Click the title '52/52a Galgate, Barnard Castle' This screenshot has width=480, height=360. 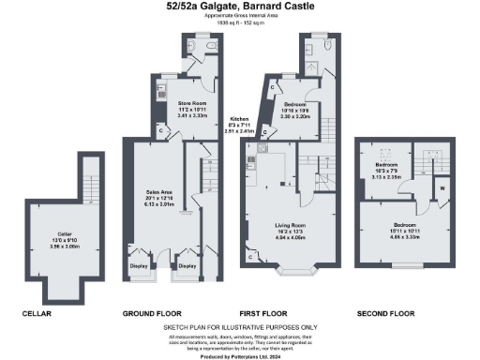click(240, 7)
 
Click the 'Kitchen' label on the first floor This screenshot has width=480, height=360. click(240, 119)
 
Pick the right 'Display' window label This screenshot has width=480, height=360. click(187, 266)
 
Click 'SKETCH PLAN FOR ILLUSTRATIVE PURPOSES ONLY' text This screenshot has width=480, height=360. click(240, 327)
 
